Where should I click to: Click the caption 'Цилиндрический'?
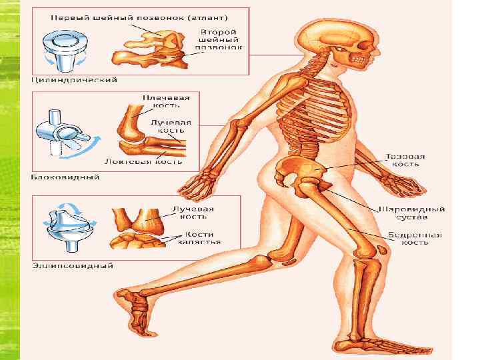coord(75,80)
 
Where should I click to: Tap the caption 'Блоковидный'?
coord(65,177)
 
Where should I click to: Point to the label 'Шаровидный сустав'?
coord(412,213)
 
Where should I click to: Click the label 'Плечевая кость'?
coord(165,101)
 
